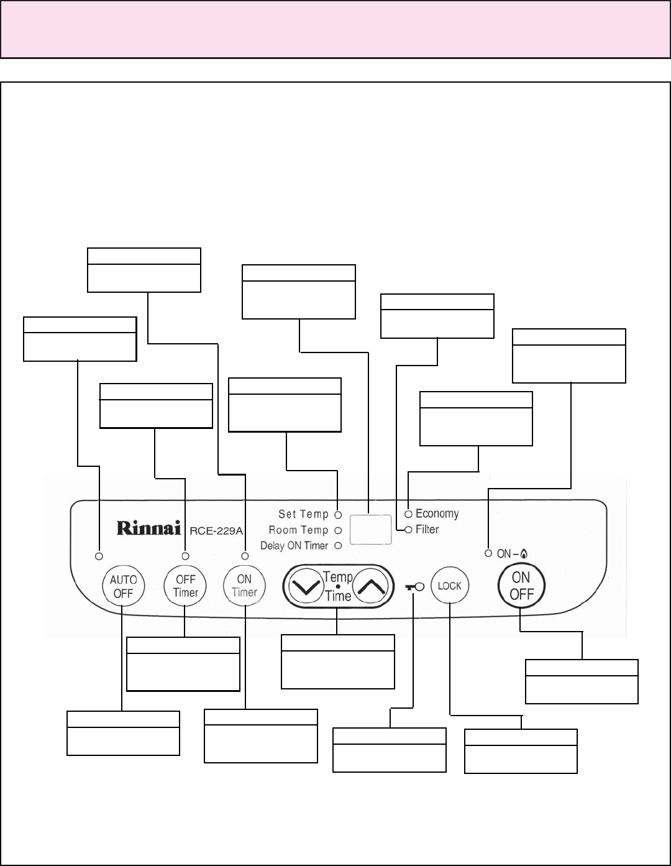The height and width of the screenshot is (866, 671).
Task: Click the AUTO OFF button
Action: pyautogui.click(x=123, y=586)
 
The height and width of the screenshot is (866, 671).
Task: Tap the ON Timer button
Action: pyautogui.click(x=244, y=586)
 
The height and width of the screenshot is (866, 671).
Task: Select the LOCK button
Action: pyautogui.click(x=450, y=586)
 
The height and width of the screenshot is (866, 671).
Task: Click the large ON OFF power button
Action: pyautogui.click(x=521, y=586)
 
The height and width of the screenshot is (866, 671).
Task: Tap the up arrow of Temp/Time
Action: pyautogui.click(x=372, y=586)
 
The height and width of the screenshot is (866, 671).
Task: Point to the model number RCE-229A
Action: pyautogui.click(x=216, y=530)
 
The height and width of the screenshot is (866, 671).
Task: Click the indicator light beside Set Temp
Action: pyautogui.click(x=338, y=515)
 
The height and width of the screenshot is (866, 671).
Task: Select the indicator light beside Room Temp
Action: pyautogui.click(x=338, y=530)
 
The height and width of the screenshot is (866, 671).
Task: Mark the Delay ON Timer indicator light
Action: pyautogui.click(x=338, y=546)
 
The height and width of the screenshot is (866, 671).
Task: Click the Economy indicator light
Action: pyautogui.click(x=408, y=514)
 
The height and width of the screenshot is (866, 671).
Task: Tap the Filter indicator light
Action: pyautogui.click(x=408, y=530)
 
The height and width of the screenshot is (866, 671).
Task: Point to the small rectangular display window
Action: pyautogui.click(x=370, y=530)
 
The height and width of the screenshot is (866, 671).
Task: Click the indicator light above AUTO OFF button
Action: pyautogui.click(x=99, y=555)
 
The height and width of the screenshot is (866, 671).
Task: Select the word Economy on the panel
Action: pyautogui.click(x=437, y=514)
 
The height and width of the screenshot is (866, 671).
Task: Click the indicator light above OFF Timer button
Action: pyautogui.click(x=185, y=555)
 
